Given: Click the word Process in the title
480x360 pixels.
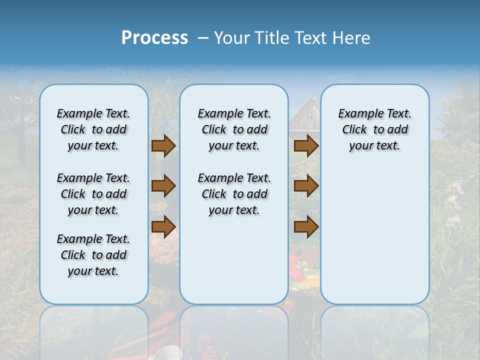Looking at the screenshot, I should coord(154,37).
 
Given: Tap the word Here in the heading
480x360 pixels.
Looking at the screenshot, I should coord(350,37).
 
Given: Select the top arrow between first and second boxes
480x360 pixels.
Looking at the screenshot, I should coord(163,145).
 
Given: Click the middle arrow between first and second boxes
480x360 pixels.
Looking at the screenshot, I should coord(163,186).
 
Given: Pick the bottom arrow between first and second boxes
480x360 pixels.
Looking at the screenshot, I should coord(163,226).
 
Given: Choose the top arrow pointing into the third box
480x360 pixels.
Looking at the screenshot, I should coord(306,145).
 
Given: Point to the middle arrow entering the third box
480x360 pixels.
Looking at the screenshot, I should coord(306,186).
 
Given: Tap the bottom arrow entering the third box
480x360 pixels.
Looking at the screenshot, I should coord(306,226).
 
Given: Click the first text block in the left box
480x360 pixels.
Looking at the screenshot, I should coord(93,129).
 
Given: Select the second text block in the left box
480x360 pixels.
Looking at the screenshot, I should coord(93,194).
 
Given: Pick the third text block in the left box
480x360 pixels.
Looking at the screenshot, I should coord(93,255).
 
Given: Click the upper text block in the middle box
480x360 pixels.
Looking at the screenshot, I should coord(234,129).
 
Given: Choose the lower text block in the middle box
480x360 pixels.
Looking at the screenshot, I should coord(234,194).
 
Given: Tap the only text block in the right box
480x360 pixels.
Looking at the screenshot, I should coord(374,129).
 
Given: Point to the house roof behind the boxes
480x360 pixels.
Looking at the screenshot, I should coord(302,102).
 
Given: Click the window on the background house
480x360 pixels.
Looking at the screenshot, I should coord(309,116).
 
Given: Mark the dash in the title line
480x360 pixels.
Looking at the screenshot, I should coord(203,37).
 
